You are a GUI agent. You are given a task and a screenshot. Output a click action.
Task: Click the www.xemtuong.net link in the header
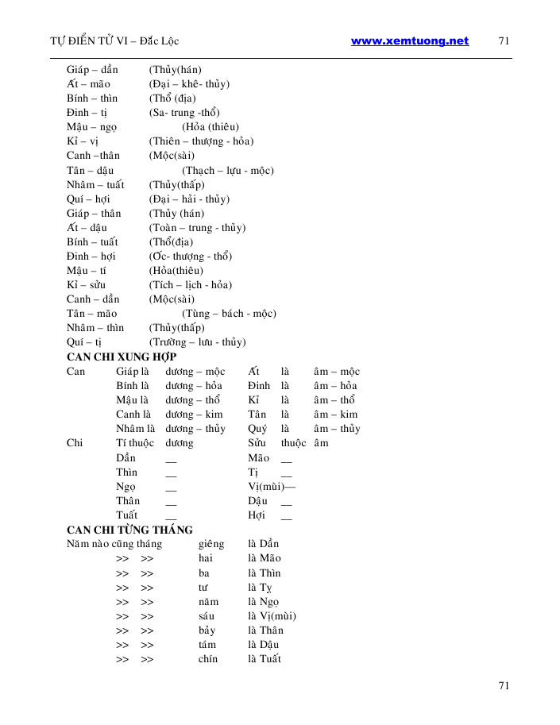point(409,41)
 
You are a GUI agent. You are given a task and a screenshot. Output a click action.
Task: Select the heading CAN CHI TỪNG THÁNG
point(129,530)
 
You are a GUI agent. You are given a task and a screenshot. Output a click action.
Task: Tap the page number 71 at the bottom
point(503,686)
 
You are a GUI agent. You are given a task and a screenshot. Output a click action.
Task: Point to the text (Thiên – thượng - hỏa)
point(201,141)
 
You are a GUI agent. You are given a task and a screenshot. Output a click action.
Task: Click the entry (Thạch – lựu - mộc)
point(228,170)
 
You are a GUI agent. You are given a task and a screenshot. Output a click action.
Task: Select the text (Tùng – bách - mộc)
point(229,314)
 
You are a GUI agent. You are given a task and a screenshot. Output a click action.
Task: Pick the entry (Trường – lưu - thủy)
point(197,342)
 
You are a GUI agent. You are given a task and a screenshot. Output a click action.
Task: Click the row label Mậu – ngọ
point(92,127)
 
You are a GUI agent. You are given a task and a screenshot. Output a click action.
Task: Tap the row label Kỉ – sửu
point(86,285)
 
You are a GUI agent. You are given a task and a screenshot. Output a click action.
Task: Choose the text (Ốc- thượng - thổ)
point(190,256)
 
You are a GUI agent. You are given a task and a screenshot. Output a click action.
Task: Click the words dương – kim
point(194,415)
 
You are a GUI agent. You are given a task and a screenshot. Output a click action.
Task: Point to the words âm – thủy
point(337,429)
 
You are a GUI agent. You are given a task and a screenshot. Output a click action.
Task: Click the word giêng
point(211,544)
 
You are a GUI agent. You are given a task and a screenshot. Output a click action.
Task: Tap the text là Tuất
point(265,659)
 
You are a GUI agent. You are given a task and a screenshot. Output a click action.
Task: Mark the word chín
point(208,659)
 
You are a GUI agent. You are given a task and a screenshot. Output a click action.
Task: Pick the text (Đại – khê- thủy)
point(189,84)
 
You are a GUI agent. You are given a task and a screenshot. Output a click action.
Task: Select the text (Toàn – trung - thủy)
point(197,228)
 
